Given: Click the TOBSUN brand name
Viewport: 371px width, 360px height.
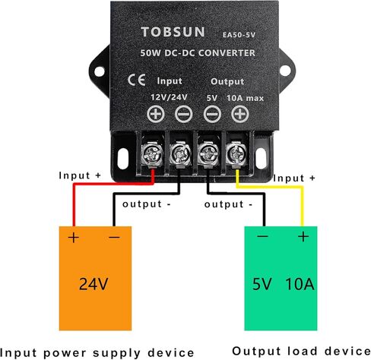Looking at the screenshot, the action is [x=173, y=32].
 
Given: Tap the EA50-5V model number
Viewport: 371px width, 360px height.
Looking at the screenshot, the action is [x=239, y=35].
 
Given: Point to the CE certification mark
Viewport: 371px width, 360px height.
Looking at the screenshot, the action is [x=137, y=80].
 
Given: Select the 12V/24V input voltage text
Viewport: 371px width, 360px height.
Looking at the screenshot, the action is [x=169, y=97].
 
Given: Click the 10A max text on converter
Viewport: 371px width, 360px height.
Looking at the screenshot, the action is [x=245, y=98].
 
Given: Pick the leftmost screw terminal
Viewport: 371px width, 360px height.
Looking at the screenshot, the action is [x=152, y=153].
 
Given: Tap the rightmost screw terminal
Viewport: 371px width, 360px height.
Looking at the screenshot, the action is [x=236, y=153].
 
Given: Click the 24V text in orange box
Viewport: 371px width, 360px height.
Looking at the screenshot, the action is [x=94, y=284].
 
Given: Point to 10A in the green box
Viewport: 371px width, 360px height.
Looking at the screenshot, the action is [x=300, y=284].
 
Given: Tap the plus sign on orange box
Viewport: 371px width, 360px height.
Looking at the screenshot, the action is [x=74, y=238].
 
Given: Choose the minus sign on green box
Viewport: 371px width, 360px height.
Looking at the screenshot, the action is [x=262, y=236].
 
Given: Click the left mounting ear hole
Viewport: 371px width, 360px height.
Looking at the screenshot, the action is [x=100, y=71].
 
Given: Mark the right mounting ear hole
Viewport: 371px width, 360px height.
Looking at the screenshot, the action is [x=285, y=71].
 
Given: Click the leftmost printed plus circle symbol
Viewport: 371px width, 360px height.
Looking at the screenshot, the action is [x=156, y=114].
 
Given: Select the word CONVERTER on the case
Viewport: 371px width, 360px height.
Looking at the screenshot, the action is [x=227, y=53].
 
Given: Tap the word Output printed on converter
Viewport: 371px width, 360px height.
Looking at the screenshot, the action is [x=227, y=81].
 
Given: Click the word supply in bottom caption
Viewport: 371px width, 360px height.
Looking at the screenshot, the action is [x=116, y=353].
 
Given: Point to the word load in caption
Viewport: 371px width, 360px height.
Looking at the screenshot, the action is [x=303, y=351].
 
